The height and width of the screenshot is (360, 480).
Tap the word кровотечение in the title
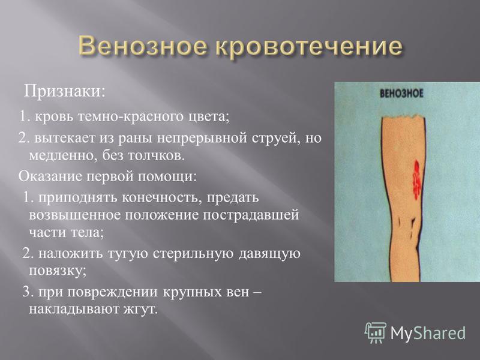pos(309,47)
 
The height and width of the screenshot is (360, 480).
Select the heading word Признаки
pos(65,92)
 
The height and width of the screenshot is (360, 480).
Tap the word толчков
pos(156,156)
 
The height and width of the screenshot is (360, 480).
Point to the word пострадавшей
pos(250,215)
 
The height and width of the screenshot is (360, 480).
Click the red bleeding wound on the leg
pos(416,181)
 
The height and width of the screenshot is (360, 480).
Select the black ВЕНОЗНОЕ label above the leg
pos(401,94)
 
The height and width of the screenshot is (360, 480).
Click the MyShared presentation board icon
pos(376,333)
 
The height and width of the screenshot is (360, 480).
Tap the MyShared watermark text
pos(428,333)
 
